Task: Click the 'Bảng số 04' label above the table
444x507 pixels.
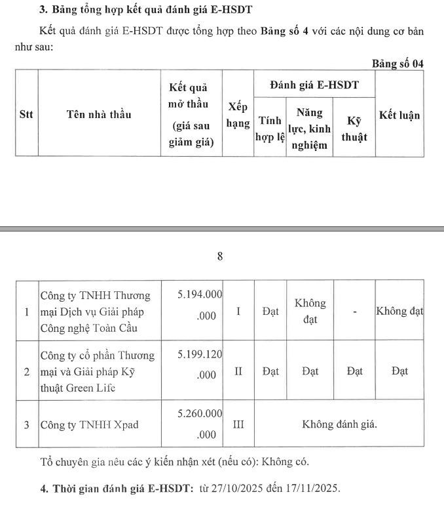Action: (398, 64)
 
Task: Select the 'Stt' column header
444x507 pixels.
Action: (26, 114)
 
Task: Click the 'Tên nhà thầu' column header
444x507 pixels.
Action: (99, 114)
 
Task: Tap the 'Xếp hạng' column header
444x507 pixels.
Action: (238, 115)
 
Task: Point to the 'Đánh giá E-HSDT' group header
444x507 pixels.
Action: (314, 85)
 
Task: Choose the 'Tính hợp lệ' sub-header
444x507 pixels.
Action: (270, 129)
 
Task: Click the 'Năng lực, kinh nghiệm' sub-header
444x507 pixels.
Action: (309, 129)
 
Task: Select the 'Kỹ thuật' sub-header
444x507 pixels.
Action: (354, 129)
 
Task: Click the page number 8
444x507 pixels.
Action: (220, 256)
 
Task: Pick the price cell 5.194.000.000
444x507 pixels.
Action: (200, 305)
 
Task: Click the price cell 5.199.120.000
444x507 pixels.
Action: (200, 365)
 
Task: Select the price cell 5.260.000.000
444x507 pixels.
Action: (200, 424)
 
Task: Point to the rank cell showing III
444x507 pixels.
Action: (238, 424)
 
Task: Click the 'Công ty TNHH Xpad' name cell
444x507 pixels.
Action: (90, 425)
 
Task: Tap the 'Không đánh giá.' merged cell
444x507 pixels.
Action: (339, 424)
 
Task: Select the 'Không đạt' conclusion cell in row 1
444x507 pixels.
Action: (399, 312)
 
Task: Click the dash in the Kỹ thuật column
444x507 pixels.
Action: (354, 312)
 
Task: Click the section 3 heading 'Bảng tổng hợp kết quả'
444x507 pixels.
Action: (146, 9)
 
